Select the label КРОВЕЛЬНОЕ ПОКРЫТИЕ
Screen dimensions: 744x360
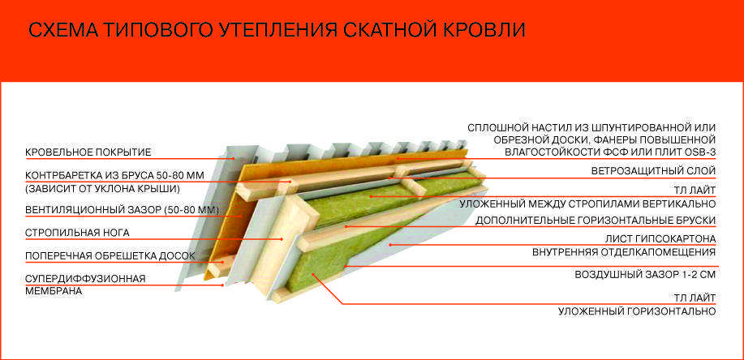pos(88,152)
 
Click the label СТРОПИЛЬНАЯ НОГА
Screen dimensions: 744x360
pos(77,233)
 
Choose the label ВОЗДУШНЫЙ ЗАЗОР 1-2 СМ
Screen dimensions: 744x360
pos(645,275)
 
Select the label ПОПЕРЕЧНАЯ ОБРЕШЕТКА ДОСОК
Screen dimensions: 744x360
pos(110,256)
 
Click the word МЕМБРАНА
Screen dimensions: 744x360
pos(54,291)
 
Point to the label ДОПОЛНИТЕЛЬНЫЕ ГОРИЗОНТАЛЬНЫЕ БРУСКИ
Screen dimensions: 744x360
pos(596,221)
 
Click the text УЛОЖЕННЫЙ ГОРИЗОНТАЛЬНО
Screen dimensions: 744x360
pos(637,311)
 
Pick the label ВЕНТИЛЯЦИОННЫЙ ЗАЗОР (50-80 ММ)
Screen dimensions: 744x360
pos(122,210)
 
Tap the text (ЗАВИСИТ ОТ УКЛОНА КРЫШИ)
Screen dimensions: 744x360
pos(103,189)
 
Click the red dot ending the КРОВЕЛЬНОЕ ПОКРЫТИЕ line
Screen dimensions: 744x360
pos(234,158)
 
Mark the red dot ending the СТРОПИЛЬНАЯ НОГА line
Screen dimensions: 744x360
pos(282,239)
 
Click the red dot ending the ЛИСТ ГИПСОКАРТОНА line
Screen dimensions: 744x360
pos(389,245)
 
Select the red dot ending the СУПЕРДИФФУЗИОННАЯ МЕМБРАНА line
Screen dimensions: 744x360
pos(223,285)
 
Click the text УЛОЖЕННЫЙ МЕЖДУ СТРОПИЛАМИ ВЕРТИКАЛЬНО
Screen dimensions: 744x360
pos(587,204)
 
